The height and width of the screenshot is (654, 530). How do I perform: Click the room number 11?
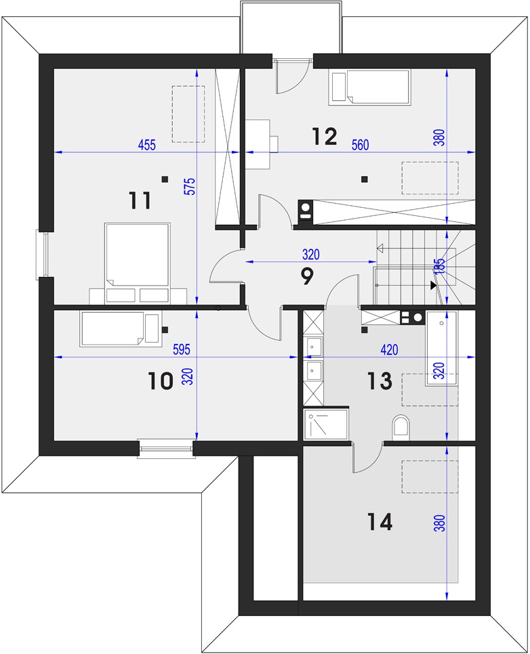pos(140,200)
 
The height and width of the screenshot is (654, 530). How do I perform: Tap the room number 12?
pos(325,136)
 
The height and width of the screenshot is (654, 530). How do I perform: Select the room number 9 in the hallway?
pos(307,276)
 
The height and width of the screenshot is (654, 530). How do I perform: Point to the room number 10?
pos(161,380)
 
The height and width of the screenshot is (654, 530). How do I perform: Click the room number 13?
pos(380,380)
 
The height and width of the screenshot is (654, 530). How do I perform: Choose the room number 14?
pos(380,522)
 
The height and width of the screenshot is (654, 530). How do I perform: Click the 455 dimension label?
pos(147,145)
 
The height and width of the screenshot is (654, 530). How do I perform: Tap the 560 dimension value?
pos(361,145)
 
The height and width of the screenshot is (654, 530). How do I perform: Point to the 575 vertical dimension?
pos(189,188)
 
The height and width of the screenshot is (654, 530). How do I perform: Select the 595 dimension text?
pos(182,349)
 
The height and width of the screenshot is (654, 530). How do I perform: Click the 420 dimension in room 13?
pos(389,349)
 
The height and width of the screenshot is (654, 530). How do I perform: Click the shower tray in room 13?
pos(326,424)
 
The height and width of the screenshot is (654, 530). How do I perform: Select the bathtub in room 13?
pos(441,348)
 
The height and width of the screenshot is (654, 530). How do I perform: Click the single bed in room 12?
pos(369,87)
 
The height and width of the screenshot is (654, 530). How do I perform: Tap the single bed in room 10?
pos(119,329)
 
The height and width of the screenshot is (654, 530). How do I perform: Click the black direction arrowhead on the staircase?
pos(434,285)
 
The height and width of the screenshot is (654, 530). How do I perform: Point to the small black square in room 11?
pos(165,179)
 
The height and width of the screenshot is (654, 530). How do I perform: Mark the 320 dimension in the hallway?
pos(310,255)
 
